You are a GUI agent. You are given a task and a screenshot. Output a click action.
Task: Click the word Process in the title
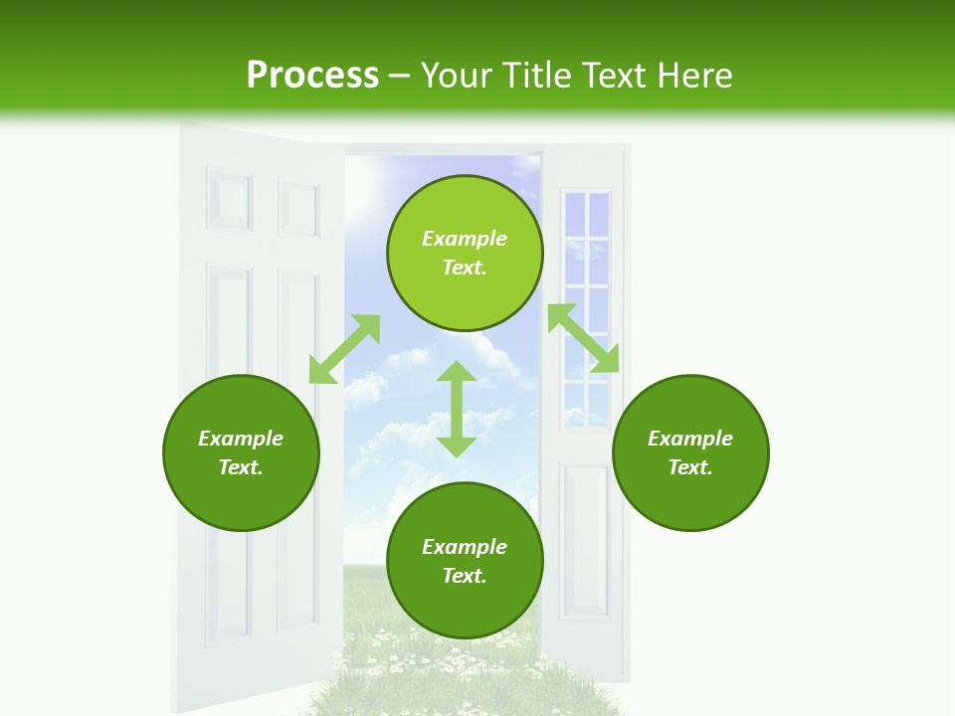[x=312, y=76]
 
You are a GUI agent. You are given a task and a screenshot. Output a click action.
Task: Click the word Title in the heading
[x=534, y=76]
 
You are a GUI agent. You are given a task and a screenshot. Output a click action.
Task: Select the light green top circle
[x=465, y=254]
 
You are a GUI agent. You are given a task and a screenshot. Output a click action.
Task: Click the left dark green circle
[x=241, y=452]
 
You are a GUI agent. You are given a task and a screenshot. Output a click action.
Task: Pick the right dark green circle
[x=690, y=452]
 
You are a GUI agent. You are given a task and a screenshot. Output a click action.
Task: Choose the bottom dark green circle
[x=465, y=561]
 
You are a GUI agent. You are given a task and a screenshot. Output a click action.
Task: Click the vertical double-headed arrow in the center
[x=457, y=409]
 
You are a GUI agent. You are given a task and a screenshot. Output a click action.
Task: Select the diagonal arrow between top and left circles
[x=344, y=349]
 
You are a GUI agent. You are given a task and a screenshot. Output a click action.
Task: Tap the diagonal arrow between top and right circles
[x=584, y=339]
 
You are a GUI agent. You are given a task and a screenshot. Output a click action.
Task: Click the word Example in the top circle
[x=465, y=239]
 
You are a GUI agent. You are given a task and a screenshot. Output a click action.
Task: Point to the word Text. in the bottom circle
[x=465, y=576]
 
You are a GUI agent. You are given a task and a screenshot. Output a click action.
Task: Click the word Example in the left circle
[x=241, y=439]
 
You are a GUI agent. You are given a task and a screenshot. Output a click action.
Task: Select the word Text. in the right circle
[x=690, y=467]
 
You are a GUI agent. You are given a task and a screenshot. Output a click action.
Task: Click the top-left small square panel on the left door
[x=229, y=202]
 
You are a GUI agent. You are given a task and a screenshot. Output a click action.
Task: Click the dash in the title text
[x=400, y=76]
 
